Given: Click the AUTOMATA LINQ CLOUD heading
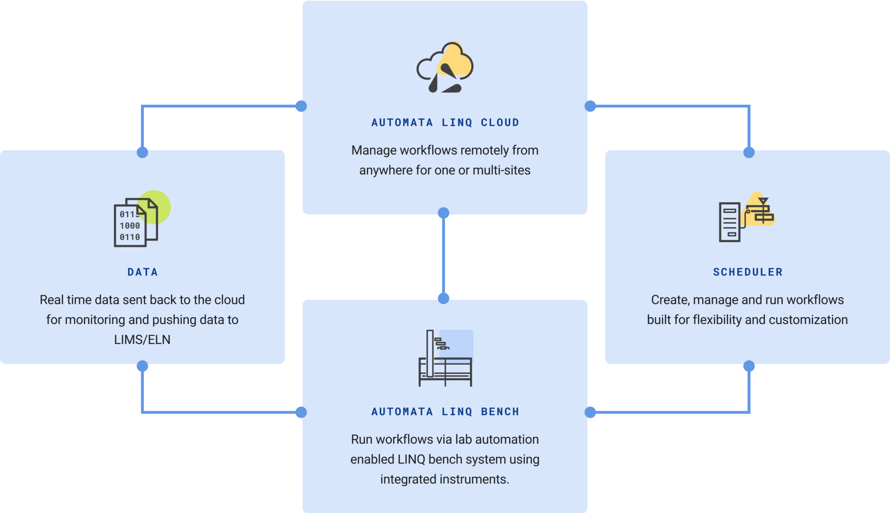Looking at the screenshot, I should click(x=445, y=123).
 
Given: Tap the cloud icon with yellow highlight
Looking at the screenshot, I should click(x=445, y=67).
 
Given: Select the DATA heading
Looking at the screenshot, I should click(x=143, y=272).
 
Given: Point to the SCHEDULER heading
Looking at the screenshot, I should click(x=747, y=272).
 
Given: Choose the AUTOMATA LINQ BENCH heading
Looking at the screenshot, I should click(x=445, y=412).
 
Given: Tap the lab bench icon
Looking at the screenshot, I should click(x=445, y=358).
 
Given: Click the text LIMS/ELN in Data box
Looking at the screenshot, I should click(x=142, y=340).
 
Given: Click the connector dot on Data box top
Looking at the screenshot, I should click(x=142, y=152).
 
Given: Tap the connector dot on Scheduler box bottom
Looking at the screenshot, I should click(x=749, y=366).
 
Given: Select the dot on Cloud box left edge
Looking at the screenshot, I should click(x=301, y=106).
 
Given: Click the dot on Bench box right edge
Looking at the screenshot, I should click(x=590, y=412).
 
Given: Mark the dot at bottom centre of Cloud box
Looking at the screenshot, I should click(x=443, y=213).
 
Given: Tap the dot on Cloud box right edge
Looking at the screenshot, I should click(x=590, y=106).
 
